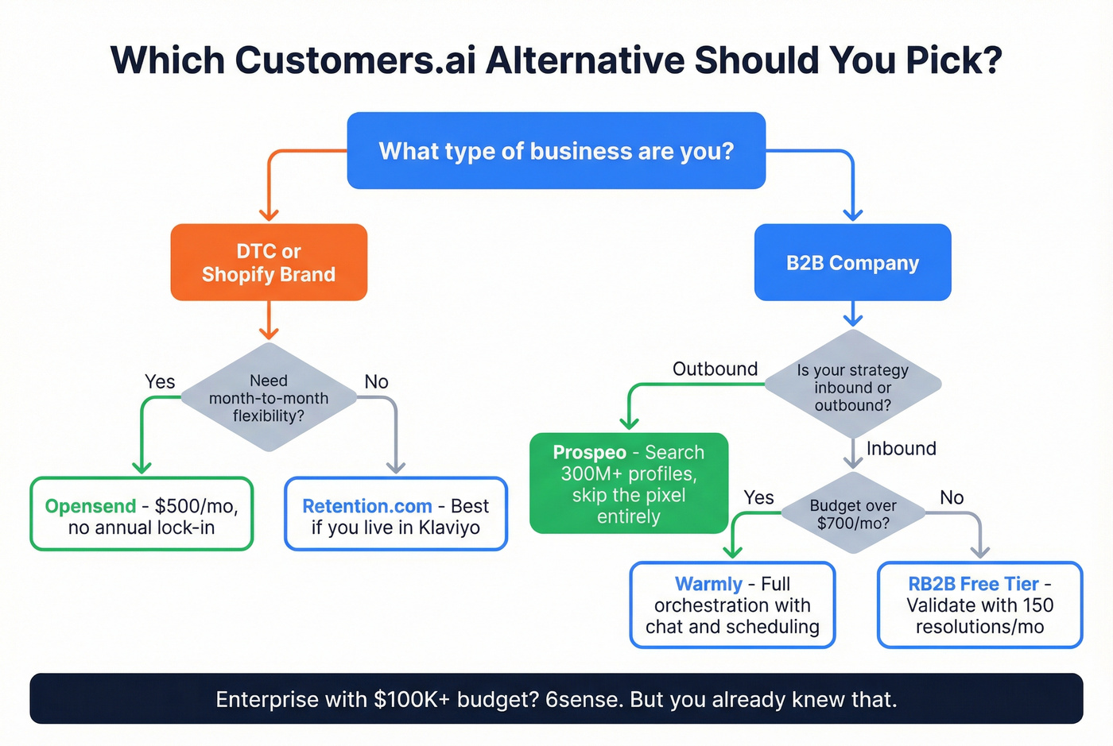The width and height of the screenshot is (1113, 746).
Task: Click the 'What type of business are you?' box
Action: click(x=556, y=151)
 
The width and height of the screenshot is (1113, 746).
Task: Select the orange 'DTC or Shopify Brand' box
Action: click(x=269, y=262)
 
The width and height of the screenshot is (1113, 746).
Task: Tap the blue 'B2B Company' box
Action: click(x=852, y=263)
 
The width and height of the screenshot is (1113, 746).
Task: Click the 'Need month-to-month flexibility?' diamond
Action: click(x=269, y=398)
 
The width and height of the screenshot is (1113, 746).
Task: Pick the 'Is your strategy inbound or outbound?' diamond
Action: click(x=852, y=387)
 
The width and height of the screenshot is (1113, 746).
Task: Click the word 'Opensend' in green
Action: click(x=91, y=506)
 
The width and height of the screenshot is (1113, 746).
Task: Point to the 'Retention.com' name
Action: click(x=367, y=506)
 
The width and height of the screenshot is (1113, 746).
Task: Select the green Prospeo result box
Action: click(x=629, y=483)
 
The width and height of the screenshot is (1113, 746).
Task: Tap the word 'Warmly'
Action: click(x=708, y=584)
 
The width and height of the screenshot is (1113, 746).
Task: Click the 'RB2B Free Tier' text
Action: click(x=973, y=584)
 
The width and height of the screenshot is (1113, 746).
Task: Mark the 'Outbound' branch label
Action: click(x=715, y=369)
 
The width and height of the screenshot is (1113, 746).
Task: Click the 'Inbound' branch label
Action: click(x=901, y=448)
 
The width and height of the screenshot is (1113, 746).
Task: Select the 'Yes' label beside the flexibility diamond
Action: click(x=160, y=381)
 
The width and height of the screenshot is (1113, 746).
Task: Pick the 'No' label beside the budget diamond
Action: click(x=952, y=497)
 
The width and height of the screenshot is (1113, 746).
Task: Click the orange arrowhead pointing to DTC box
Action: click(x=269, y=214)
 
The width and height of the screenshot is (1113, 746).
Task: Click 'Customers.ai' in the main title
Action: click(x=355, y=60)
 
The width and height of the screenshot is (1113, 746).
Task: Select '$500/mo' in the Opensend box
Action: click(x=196, y=506)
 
